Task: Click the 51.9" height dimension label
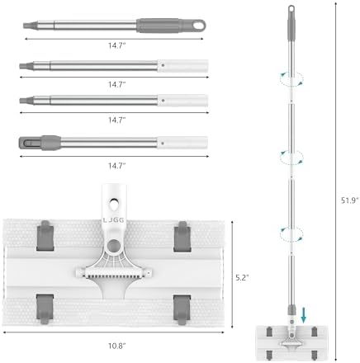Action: (350, 200)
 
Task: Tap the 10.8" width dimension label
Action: (117, 346)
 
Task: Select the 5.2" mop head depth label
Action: (242, 277)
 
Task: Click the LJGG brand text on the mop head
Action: (113, 220)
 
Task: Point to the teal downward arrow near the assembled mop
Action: (303, 315)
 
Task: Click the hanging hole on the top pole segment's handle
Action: (199, 26)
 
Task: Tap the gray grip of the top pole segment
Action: (159, 26)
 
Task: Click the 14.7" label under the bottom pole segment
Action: (117, 166)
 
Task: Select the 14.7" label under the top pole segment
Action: (117, 45)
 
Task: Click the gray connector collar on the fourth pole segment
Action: (50, 143)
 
